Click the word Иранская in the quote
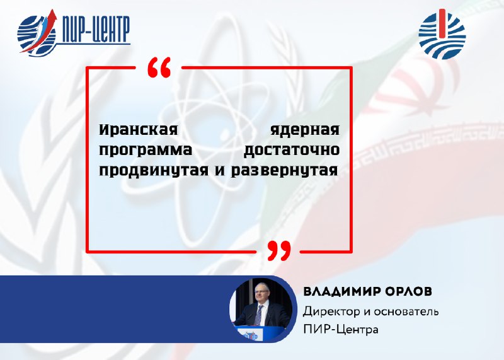(138, 130)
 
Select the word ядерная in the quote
(305, 131)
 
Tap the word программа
(146, 151)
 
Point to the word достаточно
(292, 150)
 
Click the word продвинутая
(154, 171)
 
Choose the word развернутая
(285, 171)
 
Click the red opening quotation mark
(159, 67)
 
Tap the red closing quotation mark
(279, 251)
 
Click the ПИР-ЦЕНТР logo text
(95, 29)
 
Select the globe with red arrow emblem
(37, 33)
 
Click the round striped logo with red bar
(442, 34)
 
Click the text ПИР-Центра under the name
(341, 330)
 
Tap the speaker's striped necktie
(258, 315)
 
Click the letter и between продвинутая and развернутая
(220, 171)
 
